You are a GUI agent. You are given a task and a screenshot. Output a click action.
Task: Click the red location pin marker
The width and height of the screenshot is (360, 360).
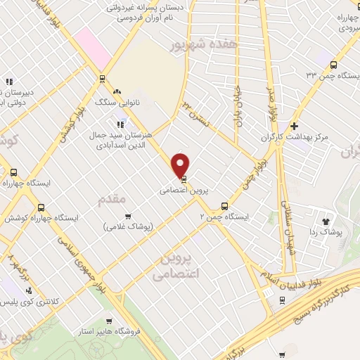(181, 165)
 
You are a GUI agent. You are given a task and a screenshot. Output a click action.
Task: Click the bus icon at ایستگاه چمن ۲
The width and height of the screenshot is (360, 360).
(224, 207)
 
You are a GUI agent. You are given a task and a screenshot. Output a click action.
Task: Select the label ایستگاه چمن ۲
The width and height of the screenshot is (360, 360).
(223, 217)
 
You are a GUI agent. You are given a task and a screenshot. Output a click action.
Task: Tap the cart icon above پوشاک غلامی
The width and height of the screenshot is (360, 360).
(127, 217)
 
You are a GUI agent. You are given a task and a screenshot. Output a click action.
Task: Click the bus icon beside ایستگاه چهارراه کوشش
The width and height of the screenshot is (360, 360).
(41, 207)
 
